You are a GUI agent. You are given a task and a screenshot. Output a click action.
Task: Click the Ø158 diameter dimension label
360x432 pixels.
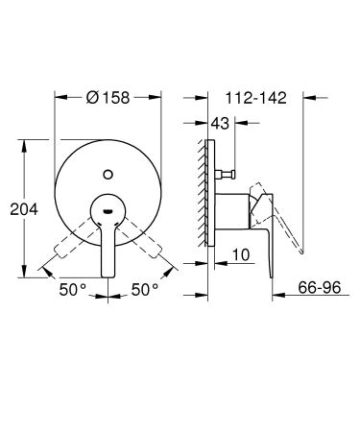coord(108,97)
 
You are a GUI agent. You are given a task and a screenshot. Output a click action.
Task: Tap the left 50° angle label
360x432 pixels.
coord(72,287)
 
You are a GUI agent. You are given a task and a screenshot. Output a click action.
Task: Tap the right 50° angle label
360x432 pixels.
coord(145,287)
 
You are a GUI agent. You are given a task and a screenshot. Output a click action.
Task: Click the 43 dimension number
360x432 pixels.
coord(221,123)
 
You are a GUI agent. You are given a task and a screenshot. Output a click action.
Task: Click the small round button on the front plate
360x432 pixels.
coord(108,174)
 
